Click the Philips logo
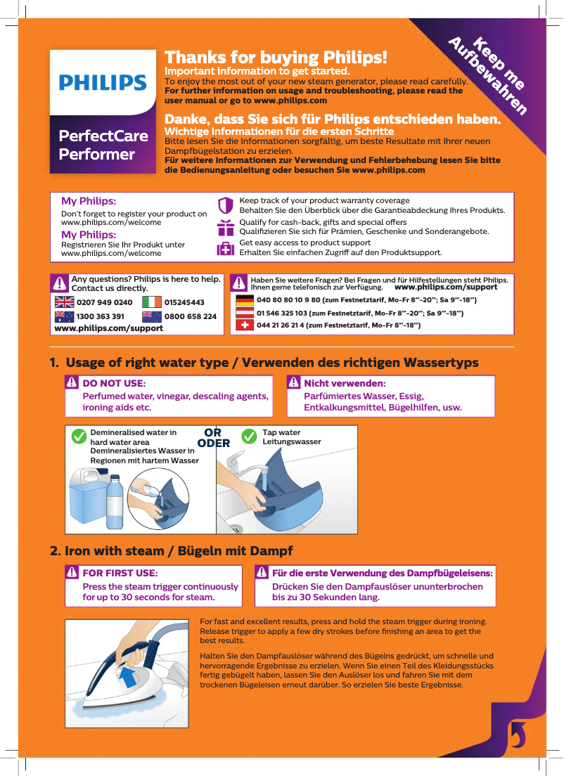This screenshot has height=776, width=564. coord(103,83)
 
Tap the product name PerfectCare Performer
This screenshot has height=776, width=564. coord(103,145)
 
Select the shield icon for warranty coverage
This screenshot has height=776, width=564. coord(225,206)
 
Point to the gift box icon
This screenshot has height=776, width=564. coord(225,227)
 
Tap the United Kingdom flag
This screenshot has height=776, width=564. coord(64,302)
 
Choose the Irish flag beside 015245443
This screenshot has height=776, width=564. coord(152,302)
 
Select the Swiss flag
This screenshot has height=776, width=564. coord(245,325)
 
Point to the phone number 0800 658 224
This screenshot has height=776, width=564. coord(190,316)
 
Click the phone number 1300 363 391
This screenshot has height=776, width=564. coord(100,316)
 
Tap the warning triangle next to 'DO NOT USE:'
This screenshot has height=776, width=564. coord(72,383)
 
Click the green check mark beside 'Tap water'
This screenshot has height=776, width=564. coord(249,436)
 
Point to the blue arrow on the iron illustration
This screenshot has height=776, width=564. coord(129,678)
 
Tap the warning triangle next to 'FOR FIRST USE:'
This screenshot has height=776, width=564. coord(72,573)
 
